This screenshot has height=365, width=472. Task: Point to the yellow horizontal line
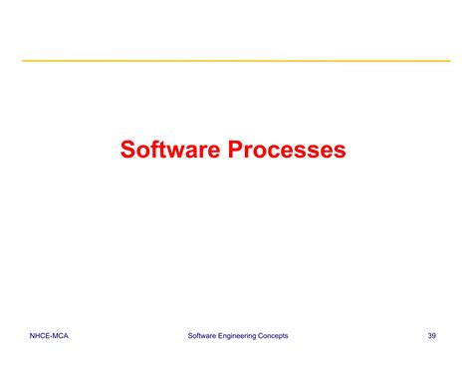236,61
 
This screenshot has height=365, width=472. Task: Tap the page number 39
432,336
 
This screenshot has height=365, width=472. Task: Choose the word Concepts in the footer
272,336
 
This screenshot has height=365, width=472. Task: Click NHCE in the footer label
41,336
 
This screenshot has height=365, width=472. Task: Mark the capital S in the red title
128,150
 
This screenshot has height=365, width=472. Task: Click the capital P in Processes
238,150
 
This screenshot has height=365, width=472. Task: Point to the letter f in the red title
155,150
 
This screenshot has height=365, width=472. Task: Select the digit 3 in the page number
430,336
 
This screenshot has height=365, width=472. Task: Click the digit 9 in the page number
435,336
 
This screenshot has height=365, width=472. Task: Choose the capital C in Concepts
259,336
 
